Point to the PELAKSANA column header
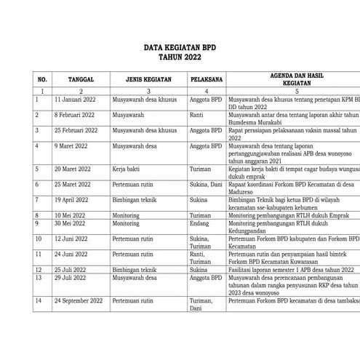pyautogui.click(x=206, y=79)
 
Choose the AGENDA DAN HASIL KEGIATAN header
pyautogui.click(x=291, y=79)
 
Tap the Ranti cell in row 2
pyautogui.click(x=196, y=115)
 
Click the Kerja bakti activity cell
pyautogui.click(x=128, y=168)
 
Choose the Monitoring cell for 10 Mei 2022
pyautogui.click(x=128, y=216)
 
